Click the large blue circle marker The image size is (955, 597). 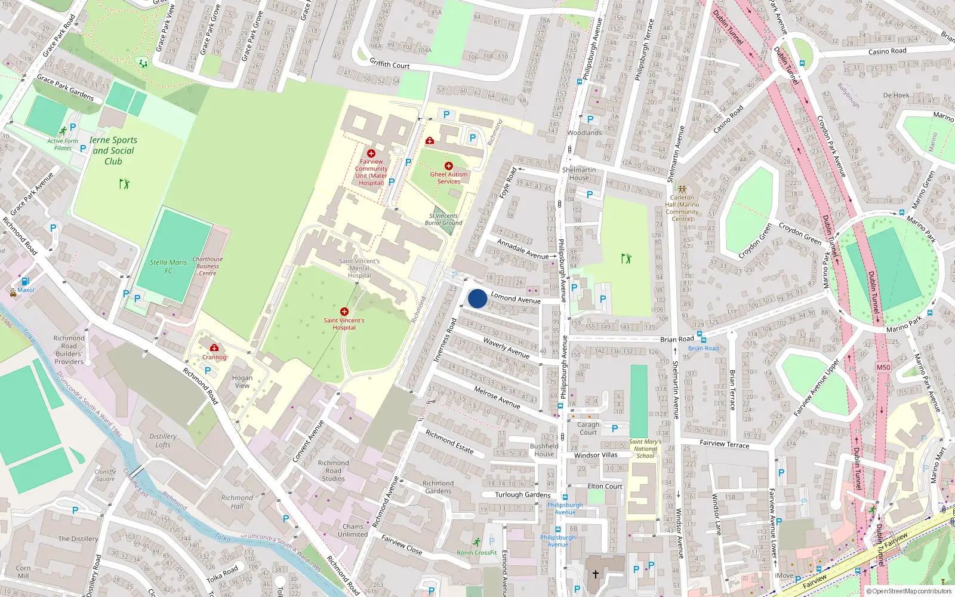coord(478,298)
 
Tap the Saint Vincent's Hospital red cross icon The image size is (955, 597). coord(344,312)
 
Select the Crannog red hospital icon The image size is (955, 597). coord(214,348)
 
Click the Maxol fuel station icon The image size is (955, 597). coord(25,282)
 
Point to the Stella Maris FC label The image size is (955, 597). coord(168,266)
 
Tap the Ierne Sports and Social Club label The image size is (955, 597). coord(113,150)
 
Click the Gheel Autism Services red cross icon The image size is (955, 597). coord(449,166)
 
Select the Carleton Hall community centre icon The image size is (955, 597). coord(682,189)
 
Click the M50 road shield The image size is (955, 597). coord(883,367)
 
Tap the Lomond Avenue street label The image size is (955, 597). coord(516,298)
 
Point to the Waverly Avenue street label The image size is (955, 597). coord(506,347)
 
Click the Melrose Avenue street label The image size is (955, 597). coord(497,398)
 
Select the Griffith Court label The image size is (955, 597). coord(390,63)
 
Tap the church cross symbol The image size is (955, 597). coord(595,574)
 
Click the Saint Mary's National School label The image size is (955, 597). coord(645,449)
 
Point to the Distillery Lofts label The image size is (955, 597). coord(163,441)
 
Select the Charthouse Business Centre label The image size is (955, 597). coord(208,266)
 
